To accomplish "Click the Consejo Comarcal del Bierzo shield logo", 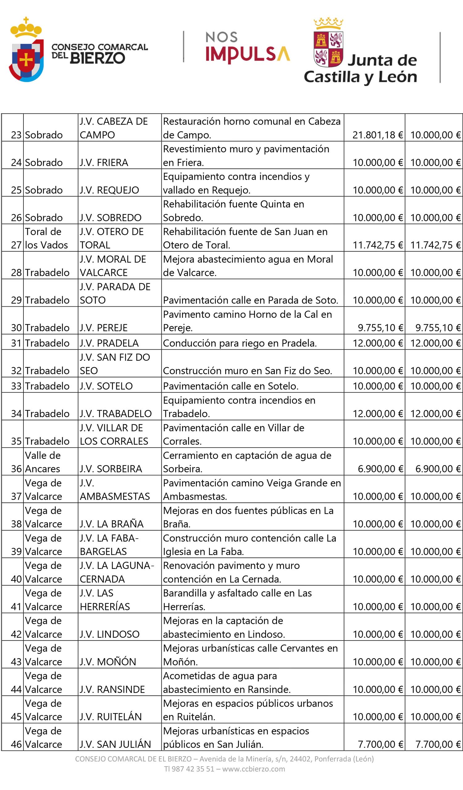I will click(x=26, y=50).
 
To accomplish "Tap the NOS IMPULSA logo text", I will click(x=248, y=48).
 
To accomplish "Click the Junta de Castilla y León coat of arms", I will click(x=328, y=43).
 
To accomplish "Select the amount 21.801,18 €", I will click(x=377, y=135).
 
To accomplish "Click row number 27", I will click(x=16, y=245).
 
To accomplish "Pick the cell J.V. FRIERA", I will click(x=104, y=162).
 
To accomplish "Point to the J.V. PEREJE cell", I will click(x=103, y=328).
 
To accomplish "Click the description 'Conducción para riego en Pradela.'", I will click(x=240, y=343).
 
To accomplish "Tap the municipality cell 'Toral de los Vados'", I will click(x=46, y=238).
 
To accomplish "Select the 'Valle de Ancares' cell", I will click(x=43, y=462).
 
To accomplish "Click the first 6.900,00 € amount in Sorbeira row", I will click(x=380, y=469).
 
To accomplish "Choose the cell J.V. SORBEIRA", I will click(x=111, y=469).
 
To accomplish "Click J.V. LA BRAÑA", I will click(x=111, y=524).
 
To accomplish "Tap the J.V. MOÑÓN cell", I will click(x=108, y=662).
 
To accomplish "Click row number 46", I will click(x=16, y=744).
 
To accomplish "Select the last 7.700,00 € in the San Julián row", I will click(x=438, y=744).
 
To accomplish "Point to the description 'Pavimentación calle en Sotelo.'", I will click(x=231, y=386).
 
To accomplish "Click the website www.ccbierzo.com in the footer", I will click(x=253, y=769).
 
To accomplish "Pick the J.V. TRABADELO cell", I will click(x=115, y=414).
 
